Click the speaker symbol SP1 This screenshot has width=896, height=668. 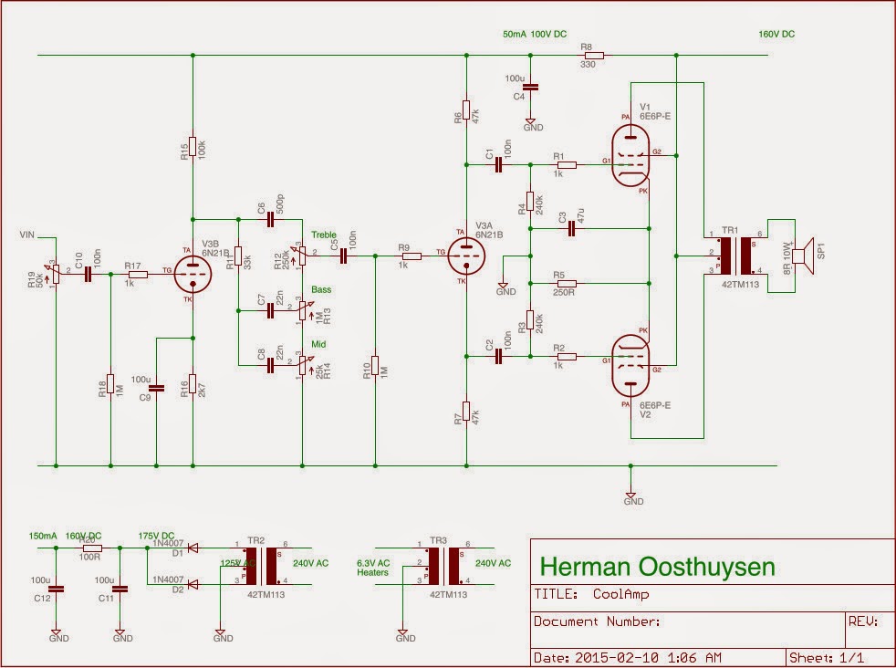pyautogui.click(x=801, y=256)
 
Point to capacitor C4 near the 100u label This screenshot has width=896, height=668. pyautogui.click(x=533, y=88)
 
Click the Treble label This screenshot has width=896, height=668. pyautogui.click(x=323, y=235)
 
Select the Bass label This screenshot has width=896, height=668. pyautogui.click(x=321, y=289)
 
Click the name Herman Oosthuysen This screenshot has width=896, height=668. pyautogui.click(x=658, y=567)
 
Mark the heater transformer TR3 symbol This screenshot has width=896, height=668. pyautogui.click(x=443, y=562)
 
